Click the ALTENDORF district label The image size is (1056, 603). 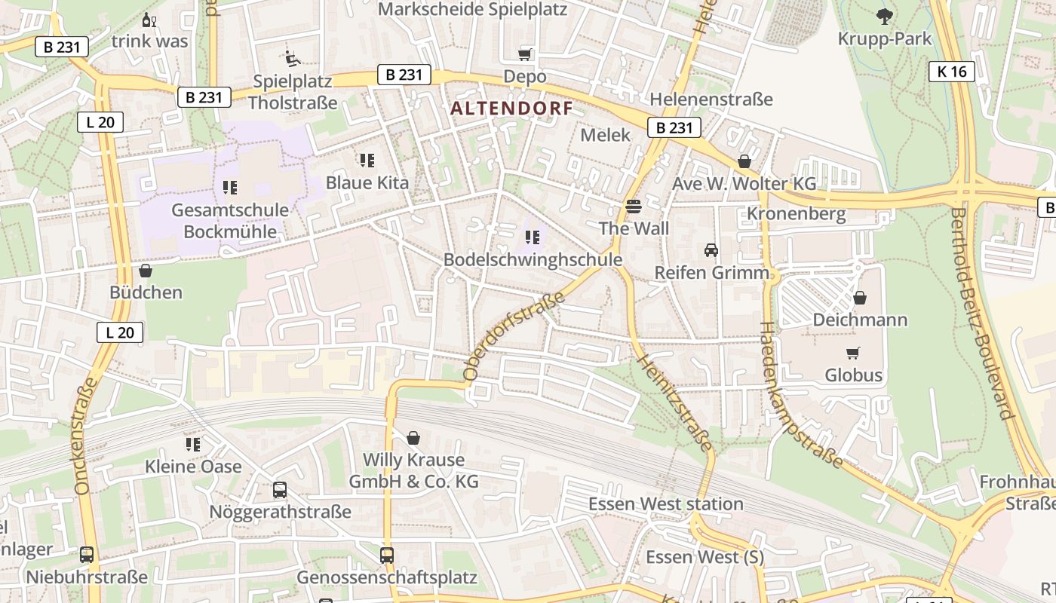click(511, 109)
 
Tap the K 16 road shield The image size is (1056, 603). click(952, 72)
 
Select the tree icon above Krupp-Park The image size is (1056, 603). click(885, 16)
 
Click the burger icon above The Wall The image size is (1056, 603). click(633, 206)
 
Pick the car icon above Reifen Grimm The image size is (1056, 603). click(711, 249)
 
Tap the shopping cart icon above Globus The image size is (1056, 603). click(853, 353)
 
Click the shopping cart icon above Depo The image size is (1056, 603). click(525, 54)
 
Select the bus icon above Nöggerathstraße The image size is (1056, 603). click(280, 489)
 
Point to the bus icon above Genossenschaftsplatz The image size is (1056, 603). click(387, 555)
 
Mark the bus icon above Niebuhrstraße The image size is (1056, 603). click(87, 555)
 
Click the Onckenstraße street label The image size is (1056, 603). click(87, 436)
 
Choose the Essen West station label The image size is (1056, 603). click(665, 504)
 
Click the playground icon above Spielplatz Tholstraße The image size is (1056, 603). click(292, 58)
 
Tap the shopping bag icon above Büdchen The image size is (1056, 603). click(146, 270)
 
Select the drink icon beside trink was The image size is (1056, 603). click(149, 20)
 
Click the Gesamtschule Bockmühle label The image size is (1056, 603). click(230, 220)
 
